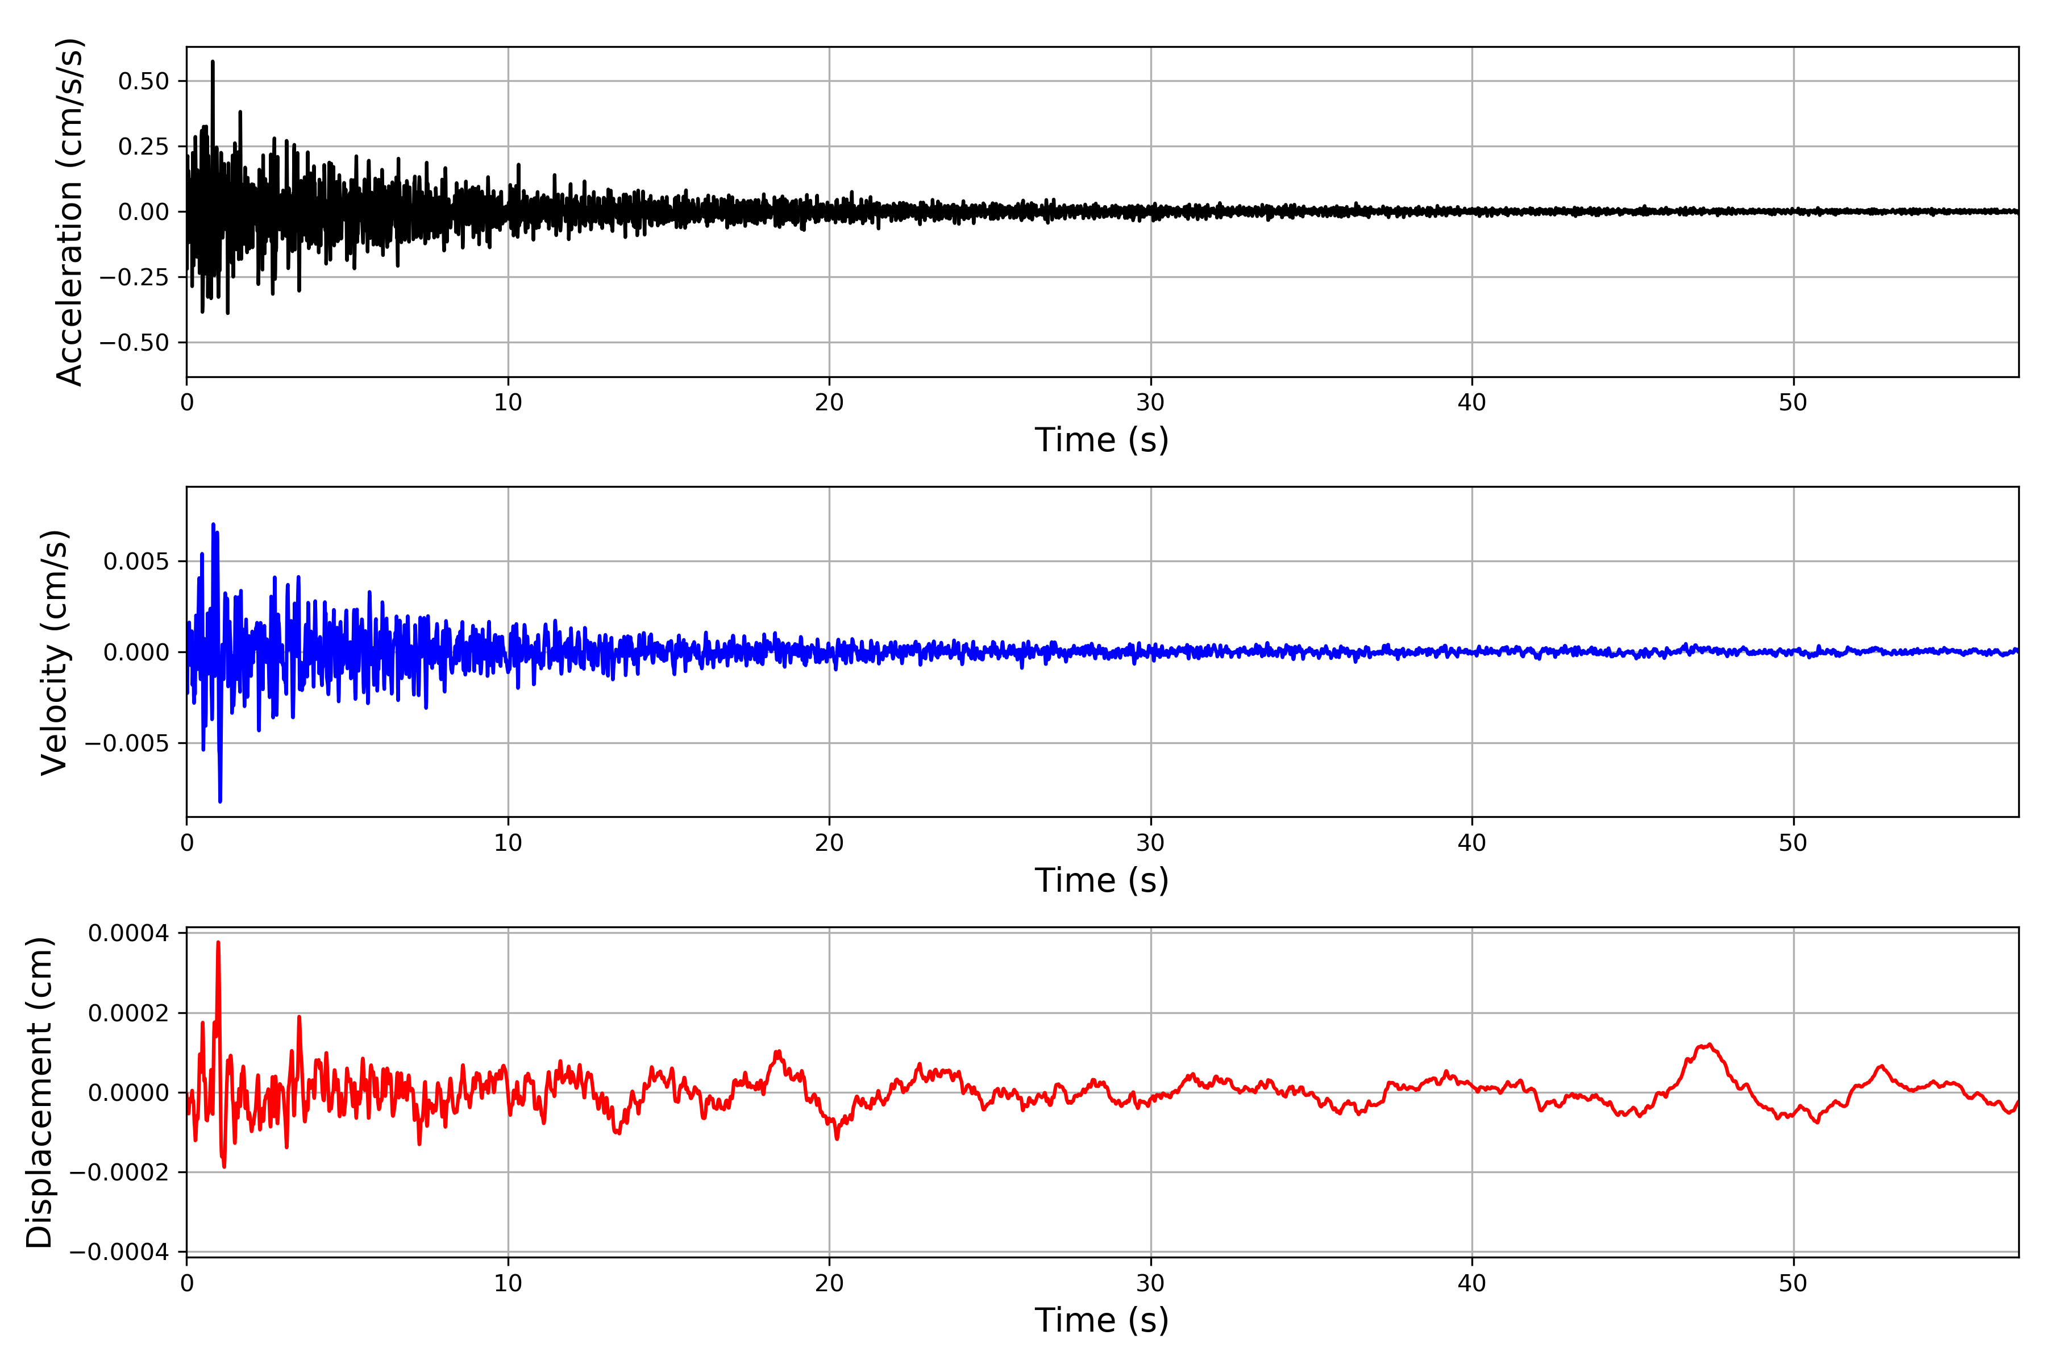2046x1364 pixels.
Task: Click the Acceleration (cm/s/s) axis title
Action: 69,211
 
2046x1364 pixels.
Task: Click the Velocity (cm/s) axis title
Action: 55,652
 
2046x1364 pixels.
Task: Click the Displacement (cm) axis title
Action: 40,1092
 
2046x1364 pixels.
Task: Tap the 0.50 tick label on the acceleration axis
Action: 144,82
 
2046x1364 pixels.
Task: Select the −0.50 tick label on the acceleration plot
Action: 134,343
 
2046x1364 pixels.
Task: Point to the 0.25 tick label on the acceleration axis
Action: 144,147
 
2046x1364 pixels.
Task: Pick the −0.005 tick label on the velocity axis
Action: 126,744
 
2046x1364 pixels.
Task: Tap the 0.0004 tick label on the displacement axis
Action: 128,933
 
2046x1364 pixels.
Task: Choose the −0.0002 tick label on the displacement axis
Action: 118,1172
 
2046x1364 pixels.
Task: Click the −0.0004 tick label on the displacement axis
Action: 118,1252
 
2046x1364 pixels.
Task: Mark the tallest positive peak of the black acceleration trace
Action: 212,63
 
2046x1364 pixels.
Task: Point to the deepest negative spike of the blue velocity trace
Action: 220,800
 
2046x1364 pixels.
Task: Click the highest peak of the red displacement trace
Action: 218,943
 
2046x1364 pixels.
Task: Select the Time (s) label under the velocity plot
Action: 1101,880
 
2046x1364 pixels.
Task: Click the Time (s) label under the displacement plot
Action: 1101,1320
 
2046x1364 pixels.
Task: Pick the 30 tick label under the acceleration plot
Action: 1150,403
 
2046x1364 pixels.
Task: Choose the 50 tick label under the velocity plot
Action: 1793,843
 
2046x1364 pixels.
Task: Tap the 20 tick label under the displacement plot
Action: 829,1283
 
